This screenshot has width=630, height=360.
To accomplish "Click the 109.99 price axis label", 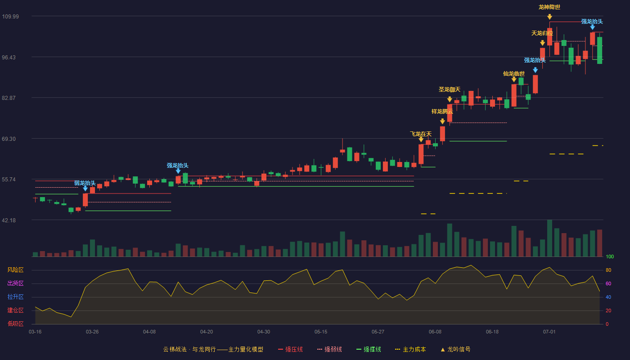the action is click(x=10, y=17).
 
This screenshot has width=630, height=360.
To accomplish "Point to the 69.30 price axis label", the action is click(x=9, y=139).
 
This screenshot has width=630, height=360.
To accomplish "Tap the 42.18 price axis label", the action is click(x=9, y=220).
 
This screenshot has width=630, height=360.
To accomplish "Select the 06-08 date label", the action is click(x=435, y=332).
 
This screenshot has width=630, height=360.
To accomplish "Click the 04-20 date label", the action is click(x=207, y=332).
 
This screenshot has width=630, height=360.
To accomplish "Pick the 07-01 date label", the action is click(x=549, y=332).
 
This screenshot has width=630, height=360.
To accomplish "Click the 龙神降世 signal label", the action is click(x=549, y=7).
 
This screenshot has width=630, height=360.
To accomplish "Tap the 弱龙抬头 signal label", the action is click(x=85, y=183).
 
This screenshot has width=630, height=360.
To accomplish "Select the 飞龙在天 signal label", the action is click(x=421, y=134).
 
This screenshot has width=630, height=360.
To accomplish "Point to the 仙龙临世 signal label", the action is click(x=514, y=74).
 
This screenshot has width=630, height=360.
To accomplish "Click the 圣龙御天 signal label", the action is click(x=450, y=90).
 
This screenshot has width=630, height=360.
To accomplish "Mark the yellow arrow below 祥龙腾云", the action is click(x=442, y=121).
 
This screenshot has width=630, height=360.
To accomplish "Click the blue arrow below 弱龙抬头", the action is click(x=85, y=189).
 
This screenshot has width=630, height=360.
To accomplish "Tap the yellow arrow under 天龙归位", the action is click(x=542, y=43).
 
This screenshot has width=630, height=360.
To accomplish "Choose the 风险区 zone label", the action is click(x=15, y=270).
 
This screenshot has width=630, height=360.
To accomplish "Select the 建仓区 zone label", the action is click(x=15, y=310).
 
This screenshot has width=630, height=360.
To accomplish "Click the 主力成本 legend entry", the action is click(x=410, y=349).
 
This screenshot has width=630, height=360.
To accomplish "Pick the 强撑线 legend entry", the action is click(x=369, y=349).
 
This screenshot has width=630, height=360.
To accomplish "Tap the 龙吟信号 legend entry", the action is click(x=455, y=349).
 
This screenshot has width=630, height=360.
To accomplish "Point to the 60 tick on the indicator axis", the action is click(x=608, y=283).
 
